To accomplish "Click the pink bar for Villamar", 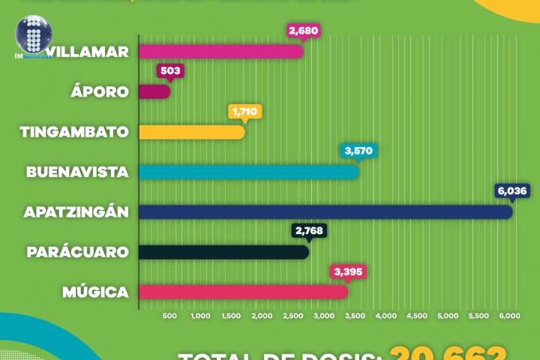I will point(221,52).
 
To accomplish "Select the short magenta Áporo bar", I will point(154,91).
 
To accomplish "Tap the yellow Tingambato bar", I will point(192,132).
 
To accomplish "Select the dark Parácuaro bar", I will point(223,252).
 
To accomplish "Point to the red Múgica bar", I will point(243,292).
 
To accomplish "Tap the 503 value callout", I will point(169,71).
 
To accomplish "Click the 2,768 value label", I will point(308,230).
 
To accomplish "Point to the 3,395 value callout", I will point(348,271).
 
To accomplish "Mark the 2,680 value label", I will point(302,31).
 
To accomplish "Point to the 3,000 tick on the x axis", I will point(323,316).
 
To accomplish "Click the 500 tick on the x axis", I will point(169,316).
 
